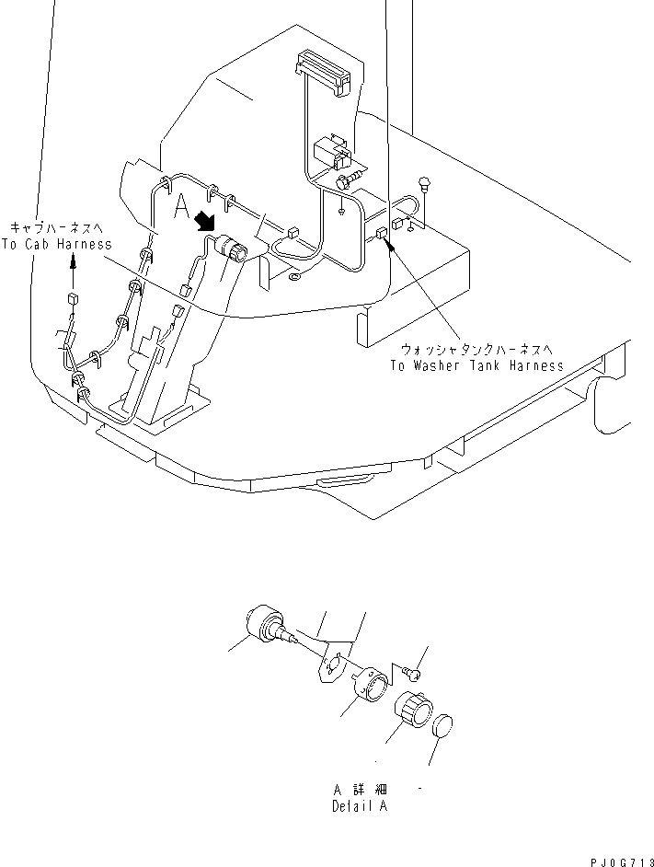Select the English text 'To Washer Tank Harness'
476,365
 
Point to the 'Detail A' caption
360,806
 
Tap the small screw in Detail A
414,674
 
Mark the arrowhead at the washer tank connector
390,246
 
